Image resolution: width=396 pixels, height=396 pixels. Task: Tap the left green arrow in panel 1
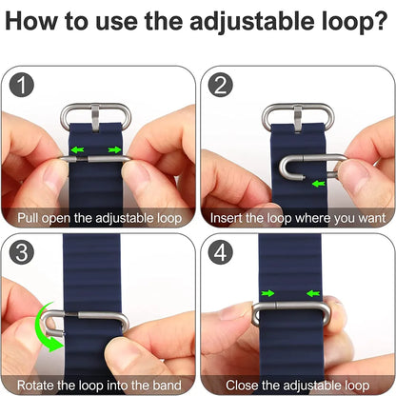[76, 149]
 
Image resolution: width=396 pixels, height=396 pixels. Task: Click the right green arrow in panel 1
[114, 149]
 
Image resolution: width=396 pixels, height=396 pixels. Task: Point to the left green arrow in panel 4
[270, 293]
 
